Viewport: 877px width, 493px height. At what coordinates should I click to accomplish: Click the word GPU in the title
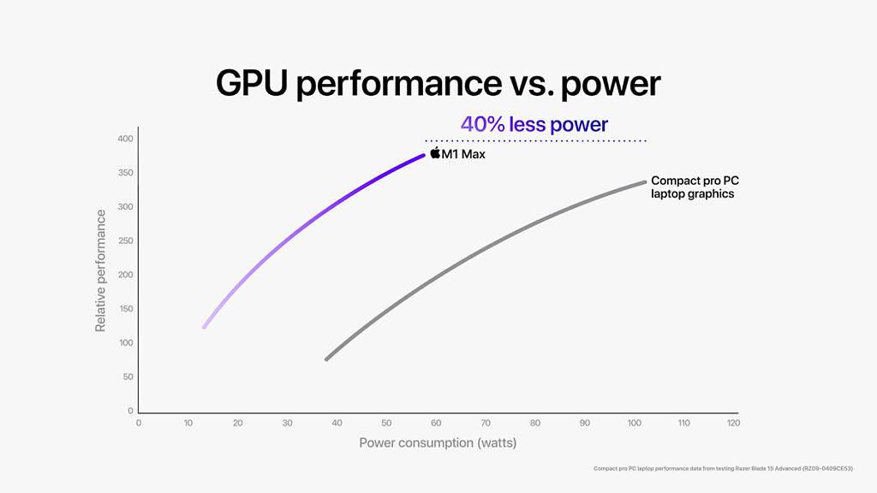point(263,84)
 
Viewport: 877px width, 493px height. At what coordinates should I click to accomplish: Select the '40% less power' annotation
point(534,125)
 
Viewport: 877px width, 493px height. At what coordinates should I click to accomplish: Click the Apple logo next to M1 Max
point(435,153)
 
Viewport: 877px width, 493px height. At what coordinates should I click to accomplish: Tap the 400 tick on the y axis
point(125,139)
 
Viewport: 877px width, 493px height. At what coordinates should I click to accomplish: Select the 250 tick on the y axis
point(125,241)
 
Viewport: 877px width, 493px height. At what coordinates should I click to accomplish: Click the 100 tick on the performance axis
point(125,343)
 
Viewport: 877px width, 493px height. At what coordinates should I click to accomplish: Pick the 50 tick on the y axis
point(127,377)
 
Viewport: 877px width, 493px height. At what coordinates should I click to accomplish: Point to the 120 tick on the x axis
point(733,424)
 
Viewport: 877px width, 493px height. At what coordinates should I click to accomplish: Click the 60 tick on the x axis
point(436,424)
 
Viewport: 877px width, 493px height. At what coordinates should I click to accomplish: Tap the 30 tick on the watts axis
point(287,424)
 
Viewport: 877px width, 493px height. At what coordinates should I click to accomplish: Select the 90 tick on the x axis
point(585,424)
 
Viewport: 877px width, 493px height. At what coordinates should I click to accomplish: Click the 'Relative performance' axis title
point(101,270)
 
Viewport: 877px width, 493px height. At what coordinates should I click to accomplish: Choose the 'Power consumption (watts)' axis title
point(438,443)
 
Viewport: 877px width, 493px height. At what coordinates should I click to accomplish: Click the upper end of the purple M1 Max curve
point(423,155)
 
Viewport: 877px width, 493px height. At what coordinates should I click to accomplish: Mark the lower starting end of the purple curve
point(204,327)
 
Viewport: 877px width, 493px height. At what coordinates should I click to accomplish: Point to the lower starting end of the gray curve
point(326,359)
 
